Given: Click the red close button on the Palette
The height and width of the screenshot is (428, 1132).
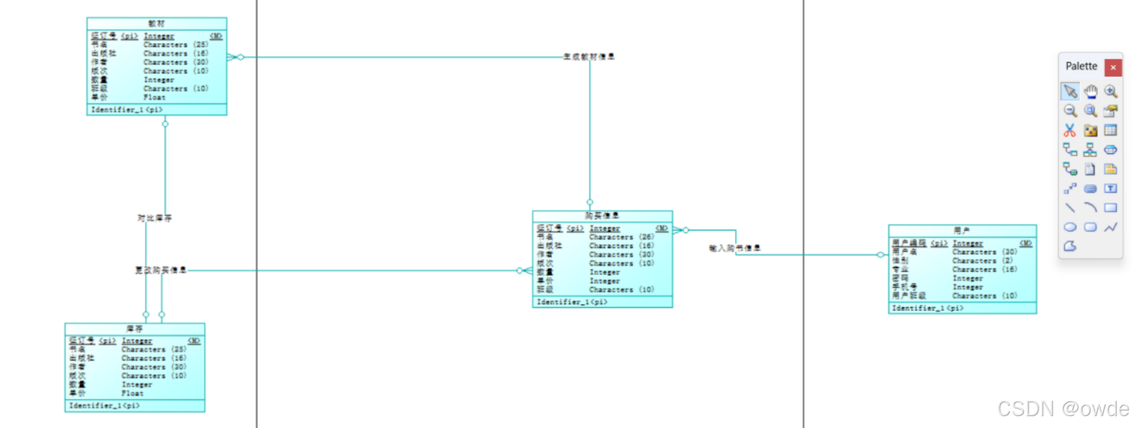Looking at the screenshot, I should [1113, 68].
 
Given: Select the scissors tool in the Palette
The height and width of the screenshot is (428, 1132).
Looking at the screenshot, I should [1070, 131].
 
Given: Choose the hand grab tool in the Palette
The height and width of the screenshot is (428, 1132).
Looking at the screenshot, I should [1090, 91].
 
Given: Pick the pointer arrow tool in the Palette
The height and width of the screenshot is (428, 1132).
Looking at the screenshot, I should [1070, 91].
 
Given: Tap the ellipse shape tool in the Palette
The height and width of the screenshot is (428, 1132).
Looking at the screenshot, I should [1070, 227].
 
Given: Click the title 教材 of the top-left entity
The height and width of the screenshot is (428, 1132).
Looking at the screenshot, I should [156, 24].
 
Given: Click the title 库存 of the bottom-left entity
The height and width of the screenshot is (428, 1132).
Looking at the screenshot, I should [134, 329].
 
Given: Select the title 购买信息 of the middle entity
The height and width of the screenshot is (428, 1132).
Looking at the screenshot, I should [602, 216].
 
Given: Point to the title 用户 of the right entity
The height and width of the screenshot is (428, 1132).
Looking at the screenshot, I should [962, 230].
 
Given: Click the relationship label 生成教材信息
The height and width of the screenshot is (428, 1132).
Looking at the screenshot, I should [589, 57].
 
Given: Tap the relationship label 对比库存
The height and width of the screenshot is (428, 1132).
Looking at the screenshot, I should [154, 219].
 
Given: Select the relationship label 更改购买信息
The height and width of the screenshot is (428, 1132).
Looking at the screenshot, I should [161, 270].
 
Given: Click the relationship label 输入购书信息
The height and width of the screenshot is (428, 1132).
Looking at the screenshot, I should [735, 248].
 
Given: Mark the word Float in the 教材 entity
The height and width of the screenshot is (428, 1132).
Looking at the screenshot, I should [154, 98].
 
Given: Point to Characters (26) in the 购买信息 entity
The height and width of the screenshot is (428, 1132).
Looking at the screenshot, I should [622, 237].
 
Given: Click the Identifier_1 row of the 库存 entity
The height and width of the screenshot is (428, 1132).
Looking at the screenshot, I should [105, 406].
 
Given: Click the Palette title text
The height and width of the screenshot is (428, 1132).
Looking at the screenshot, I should [1081, 66].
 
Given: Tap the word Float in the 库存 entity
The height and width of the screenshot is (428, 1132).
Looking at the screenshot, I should [133, 394].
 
